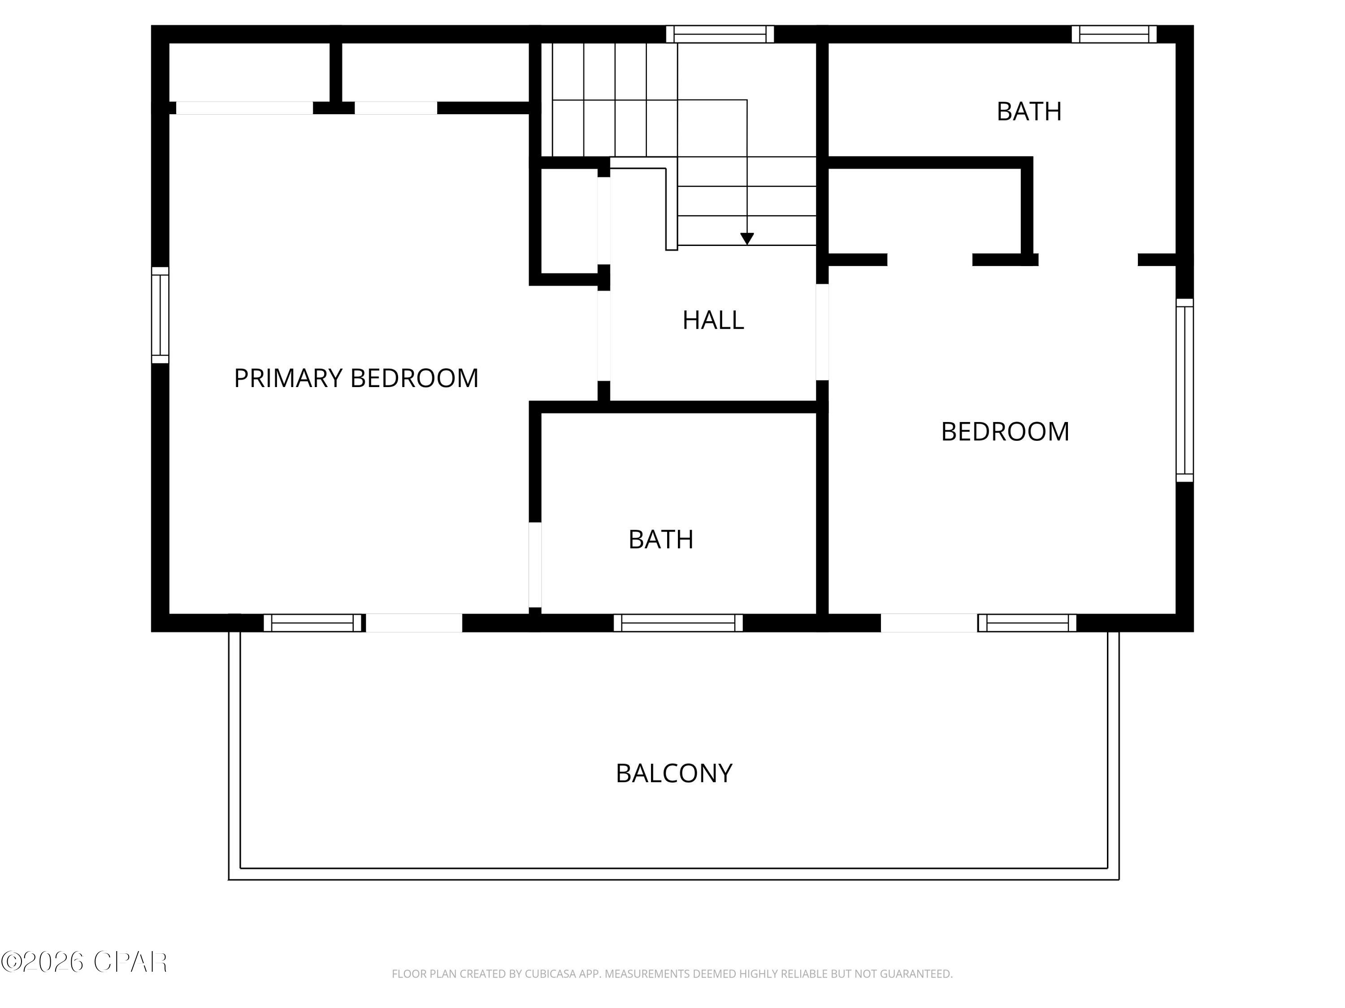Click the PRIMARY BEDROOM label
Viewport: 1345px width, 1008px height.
pyautogui.click(x=356, y=378)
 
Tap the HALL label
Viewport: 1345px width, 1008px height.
pyautogui.click(x=713, y=320)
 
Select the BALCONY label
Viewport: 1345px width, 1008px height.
pyautogui.click(x=674, y=773)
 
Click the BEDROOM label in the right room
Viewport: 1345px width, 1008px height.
pyautogui.click(x=1005, y=431)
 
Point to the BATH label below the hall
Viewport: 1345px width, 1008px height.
pyautogui.click(x=660, y=539)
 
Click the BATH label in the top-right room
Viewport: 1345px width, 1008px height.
pyautogui.click(x=1029, y=111)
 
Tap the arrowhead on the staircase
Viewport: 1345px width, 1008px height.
pyautogui.click(x=746, y=239)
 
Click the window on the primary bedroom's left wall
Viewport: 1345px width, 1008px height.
pyautogui.click(x=160, y=315)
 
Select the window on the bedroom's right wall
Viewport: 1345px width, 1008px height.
pyautogui.click(x=1184, y=390)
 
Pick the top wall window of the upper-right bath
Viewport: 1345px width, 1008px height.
pyautogui.click(x=1113, y=34)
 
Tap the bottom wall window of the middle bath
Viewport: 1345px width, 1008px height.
pyautogui.click(x=678, y=623)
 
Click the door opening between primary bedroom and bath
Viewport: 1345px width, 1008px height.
pyautogui.click(x=534, y=564)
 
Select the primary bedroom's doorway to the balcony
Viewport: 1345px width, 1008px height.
pyautogui.click(x=413, y=623)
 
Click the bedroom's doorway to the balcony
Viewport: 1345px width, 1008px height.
pyautogui.click(x=928, y=623)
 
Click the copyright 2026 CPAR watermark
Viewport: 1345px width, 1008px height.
pyautogui.click(x=84, y=962)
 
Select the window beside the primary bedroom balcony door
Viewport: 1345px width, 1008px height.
pyautogui.click(x=312, y=623)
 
